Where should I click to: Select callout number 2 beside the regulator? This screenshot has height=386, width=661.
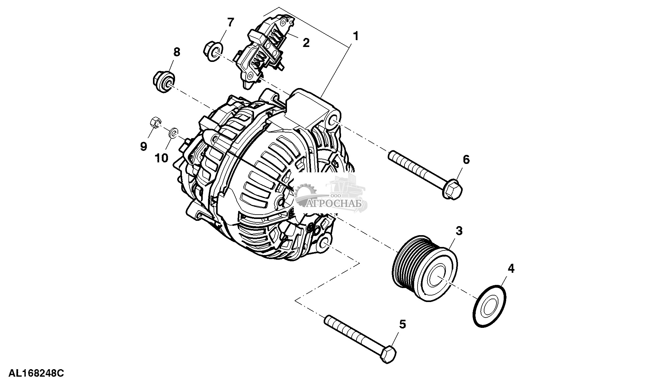(306, 42)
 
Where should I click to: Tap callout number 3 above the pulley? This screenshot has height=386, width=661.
(459, 231)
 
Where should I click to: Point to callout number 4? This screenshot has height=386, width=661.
(511, 268)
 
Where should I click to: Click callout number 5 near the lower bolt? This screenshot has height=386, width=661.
(403, 324)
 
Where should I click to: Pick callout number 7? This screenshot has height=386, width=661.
(230, 22)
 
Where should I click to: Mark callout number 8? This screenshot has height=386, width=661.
(176, 52)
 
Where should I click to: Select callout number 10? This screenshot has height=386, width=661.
(162, 158)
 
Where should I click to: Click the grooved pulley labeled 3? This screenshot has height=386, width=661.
(424, 269)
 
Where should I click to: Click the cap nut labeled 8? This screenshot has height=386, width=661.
(164, 82)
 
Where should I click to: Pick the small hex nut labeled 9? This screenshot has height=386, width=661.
(155, 123)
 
